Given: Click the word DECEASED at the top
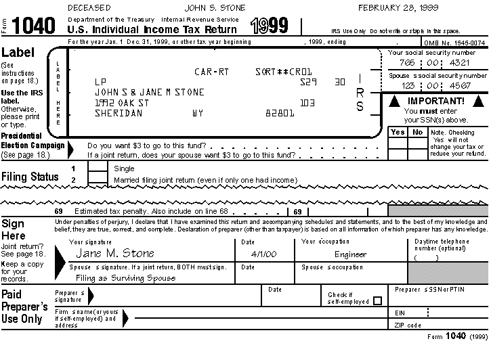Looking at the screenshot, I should [90, 7].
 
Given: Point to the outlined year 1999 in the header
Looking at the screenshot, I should [269, 26].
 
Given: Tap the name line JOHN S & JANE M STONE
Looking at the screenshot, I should [149, 92].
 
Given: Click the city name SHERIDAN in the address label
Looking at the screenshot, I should [119, 113].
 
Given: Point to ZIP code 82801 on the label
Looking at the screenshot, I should [280, 113].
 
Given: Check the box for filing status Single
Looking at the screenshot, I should [98, 168].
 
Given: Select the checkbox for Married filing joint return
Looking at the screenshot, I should [98, 179].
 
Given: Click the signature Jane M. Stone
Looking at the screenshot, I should [114, 253].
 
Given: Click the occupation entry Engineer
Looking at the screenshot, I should [350, 254].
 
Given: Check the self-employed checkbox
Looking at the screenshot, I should [377, 300].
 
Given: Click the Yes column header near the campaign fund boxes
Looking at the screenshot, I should [398, 132].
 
